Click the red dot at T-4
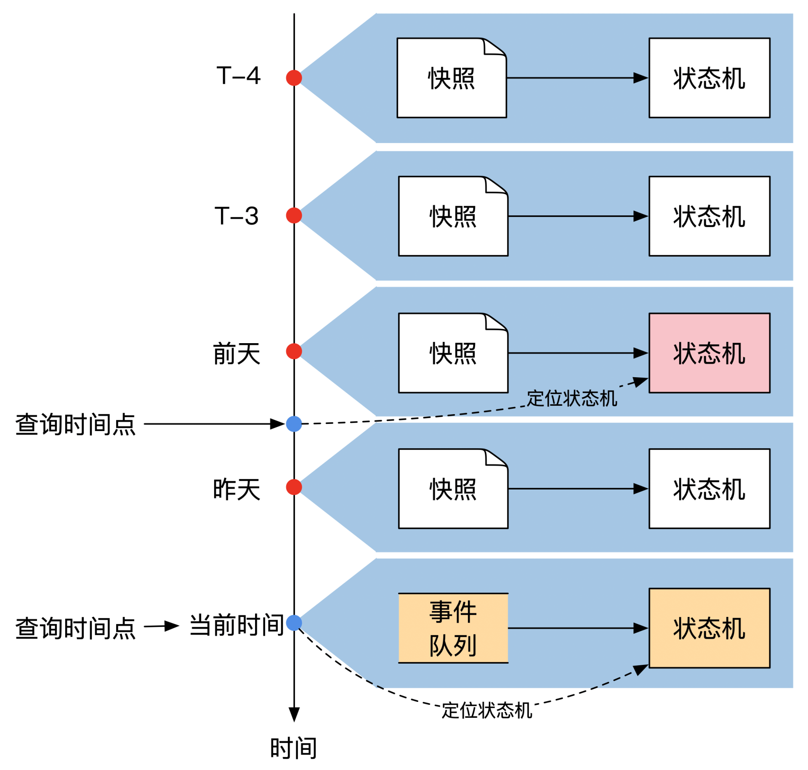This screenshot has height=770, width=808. coord(294,78)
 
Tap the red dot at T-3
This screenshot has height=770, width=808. coord(294,215)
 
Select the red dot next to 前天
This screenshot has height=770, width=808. coord(294,351)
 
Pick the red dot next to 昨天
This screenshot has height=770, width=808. coord(294,487)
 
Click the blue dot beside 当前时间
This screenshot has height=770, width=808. coord(294,622)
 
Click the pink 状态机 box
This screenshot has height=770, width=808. coord(709,353)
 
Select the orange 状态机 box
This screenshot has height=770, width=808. coord(709,628)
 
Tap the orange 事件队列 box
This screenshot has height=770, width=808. coord(453,628)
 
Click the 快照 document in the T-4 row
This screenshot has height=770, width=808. coord(451,78)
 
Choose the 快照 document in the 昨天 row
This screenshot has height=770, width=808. coord(453,489)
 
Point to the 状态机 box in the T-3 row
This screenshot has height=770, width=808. coord(709,216)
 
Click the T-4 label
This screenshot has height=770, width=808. coord(238,76)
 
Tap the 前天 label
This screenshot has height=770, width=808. coord(237,353)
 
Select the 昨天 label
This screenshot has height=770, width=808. coord(237,489)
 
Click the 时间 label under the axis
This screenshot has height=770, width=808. coord(293,748)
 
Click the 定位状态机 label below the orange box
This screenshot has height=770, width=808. coord(487,711)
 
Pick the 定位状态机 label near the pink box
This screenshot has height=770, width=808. coord(572,398)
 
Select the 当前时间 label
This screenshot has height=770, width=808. coord(237,625)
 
